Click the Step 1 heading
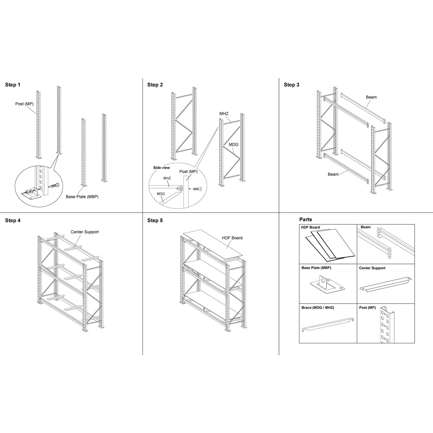click(13, 85)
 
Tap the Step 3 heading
click(291, 85)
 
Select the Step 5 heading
click(155, 220)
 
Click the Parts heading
click(306, 219)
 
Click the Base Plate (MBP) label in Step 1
click(82, 197)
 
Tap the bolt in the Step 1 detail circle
click(53, 186)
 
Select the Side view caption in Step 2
click(162, 167)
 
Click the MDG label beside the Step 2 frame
click(234, 145)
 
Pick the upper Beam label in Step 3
click(371, 97)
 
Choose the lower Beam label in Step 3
click(333, 174)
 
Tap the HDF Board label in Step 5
click(232, 238)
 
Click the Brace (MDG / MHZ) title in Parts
click(318, 308)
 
